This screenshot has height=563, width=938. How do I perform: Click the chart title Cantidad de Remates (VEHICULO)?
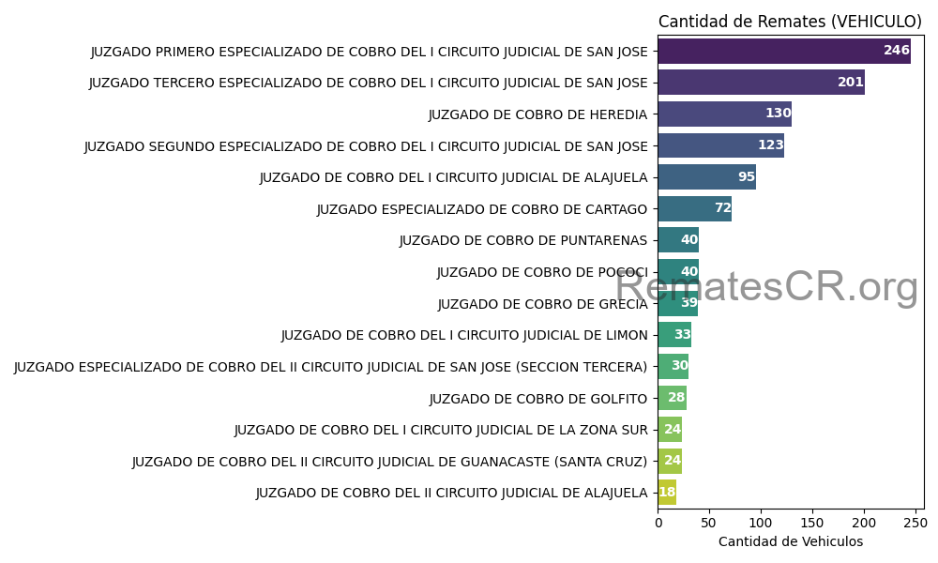point(790,22)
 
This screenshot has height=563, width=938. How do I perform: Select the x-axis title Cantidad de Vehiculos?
point(790,541)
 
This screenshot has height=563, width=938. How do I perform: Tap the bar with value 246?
point(783,51)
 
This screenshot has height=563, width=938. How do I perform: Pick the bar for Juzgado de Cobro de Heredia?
point(724,114)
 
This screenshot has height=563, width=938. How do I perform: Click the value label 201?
point(850,83)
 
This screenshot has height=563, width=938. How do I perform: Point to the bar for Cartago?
point(694,208)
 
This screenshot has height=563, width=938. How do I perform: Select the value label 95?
point(746,177)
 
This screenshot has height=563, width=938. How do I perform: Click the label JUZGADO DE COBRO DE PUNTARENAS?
point(522,240)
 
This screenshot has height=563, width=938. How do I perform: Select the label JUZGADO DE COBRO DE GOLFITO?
point(537,399)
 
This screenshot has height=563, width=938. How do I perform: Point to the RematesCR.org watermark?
point(766,287)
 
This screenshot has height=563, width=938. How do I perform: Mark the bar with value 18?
point(667,493)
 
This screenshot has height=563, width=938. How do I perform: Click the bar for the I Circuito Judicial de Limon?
point(674,335)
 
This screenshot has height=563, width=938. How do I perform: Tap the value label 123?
point(770,145)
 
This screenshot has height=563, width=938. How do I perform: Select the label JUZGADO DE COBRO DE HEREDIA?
point(537,114)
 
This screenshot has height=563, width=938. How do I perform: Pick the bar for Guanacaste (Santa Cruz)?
point(670,461)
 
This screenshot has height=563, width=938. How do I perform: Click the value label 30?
point(679,366)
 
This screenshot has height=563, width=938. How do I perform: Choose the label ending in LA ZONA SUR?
point(440,430)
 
